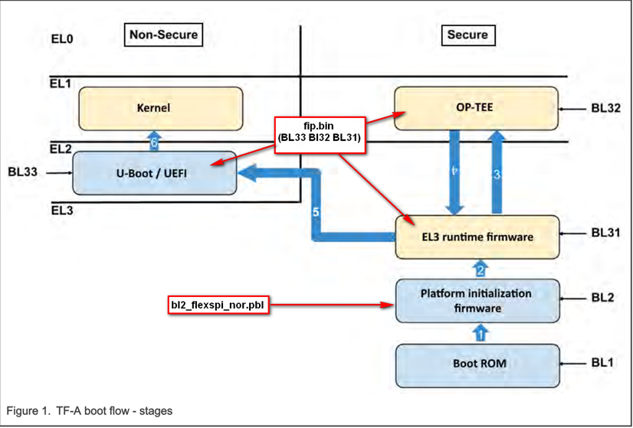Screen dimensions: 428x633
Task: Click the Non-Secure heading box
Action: [x=162, y=34]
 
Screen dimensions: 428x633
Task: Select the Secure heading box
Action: [x=467, y=34]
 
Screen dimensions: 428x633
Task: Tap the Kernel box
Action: [x=153, y=108]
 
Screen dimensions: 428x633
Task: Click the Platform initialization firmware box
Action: [x=475, y=301]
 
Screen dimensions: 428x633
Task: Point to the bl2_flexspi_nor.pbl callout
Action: [x=218, y=305]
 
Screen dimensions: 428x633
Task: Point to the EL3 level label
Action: [x=62, y=208]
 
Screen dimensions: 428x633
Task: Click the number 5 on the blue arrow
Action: [x=315, y=211]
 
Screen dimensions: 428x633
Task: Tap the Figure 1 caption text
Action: [x=90, y=411]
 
